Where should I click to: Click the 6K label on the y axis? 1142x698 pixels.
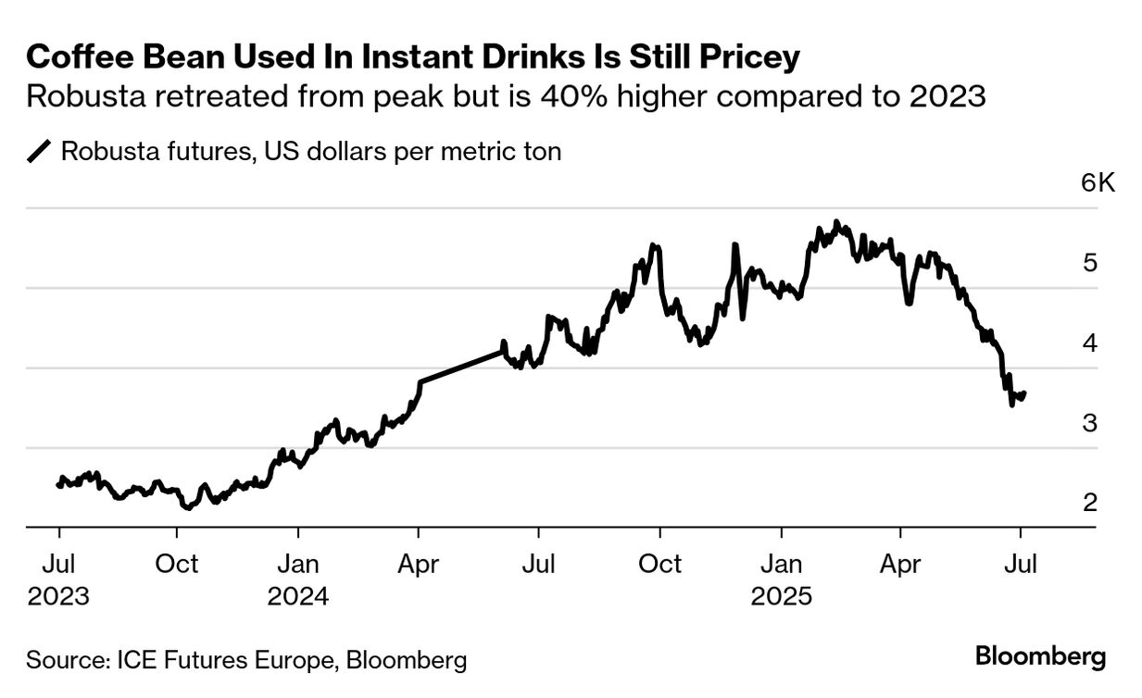(1098, 182)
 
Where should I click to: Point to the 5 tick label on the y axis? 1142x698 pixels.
(1090, 263)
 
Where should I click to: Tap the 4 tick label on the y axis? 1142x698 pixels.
(1090, 343)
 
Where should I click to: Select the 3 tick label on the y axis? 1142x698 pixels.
(1090, 423)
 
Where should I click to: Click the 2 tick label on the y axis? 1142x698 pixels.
(1090, 503)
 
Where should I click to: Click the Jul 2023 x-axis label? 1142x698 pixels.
(58, 579)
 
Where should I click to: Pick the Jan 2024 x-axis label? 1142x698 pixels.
(298, 579)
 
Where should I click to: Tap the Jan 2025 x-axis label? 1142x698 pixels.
(782, 579)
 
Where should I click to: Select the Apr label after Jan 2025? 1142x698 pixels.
(900, 563)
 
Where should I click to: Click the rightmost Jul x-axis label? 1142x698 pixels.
(1021, 563)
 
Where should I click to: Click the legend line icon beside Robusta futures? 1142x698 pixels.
(41, 152)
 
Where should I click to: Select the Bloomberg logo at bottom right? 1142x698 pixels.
(1041, 657)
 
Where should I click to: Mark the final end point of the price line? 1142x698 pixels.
(1023, 393)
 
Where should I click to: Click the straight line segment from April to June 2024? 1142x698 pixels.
(461, 367)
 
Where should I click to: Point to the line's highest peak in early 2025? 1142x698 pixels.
(836, 222)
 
